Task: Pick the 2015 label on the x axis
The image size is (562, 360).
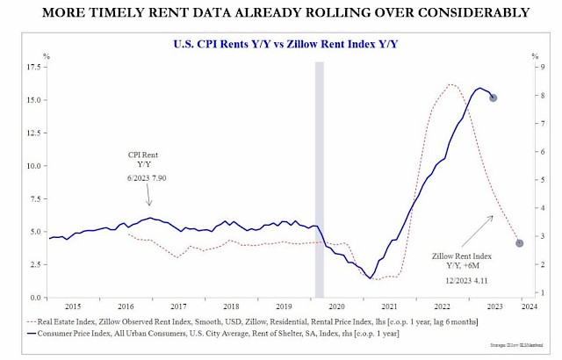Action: (x=74, y=306)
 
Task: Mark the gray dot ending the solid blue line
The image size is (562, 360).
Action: (x=494, y=97)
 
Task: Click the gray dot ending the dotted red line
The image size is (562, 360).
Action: (x=520, y=242)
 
